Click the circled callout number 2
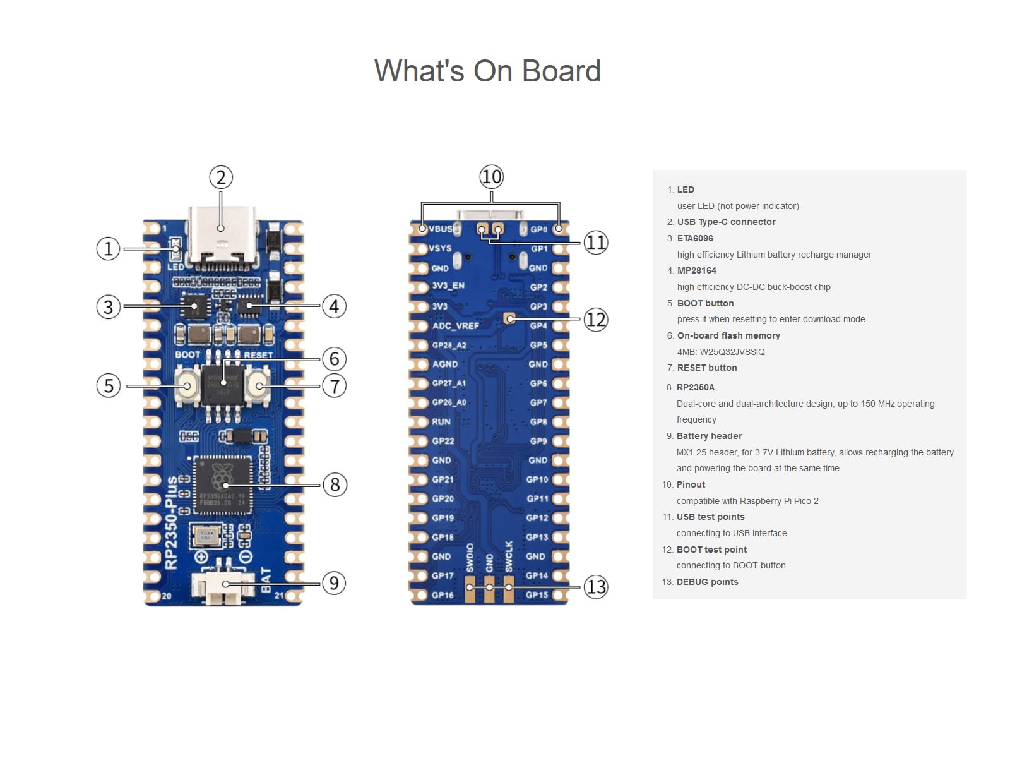click(221, 177)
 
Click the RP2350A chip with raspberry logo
click(222, 484)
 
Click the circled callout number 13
click(595, 587)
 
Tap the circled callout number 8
click(335, 484)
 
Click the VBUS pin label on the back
click(441, 229)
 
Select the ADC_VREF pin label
click(455, 326)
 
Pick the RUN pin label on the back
click(441, 422)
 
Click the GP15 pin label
click(537, 594)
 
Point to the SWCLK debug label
click(509, 556)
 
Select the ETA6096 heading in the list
click(695, 238)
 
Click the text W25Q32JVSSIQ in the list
click(732, 352)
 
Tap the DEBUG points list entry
click(707, 582)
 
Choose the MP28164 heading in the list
click(696, 270)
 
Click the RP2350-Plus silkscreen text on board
click(171, 523)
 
